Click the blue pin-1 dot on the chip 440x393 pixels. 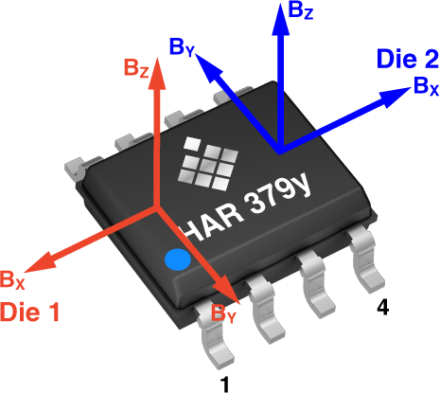tap(178, 259)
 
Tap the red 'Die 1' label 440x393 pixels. tap(29, 312)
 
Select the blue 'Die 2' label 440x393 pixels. tap(408, 59)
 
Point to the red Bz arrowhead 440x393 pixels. tap(157, 74)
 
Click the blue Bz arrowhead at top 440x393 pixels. tap(281, 18)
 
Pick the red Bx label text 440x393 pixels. tap(12, 279)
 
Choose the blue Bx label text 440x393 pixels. tap(426, 86)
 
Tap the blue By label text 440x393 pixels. tap(183, 47)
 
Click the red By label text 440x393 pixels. tap(223, 313)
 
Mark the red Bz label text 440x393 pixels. tap(136, 67)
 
